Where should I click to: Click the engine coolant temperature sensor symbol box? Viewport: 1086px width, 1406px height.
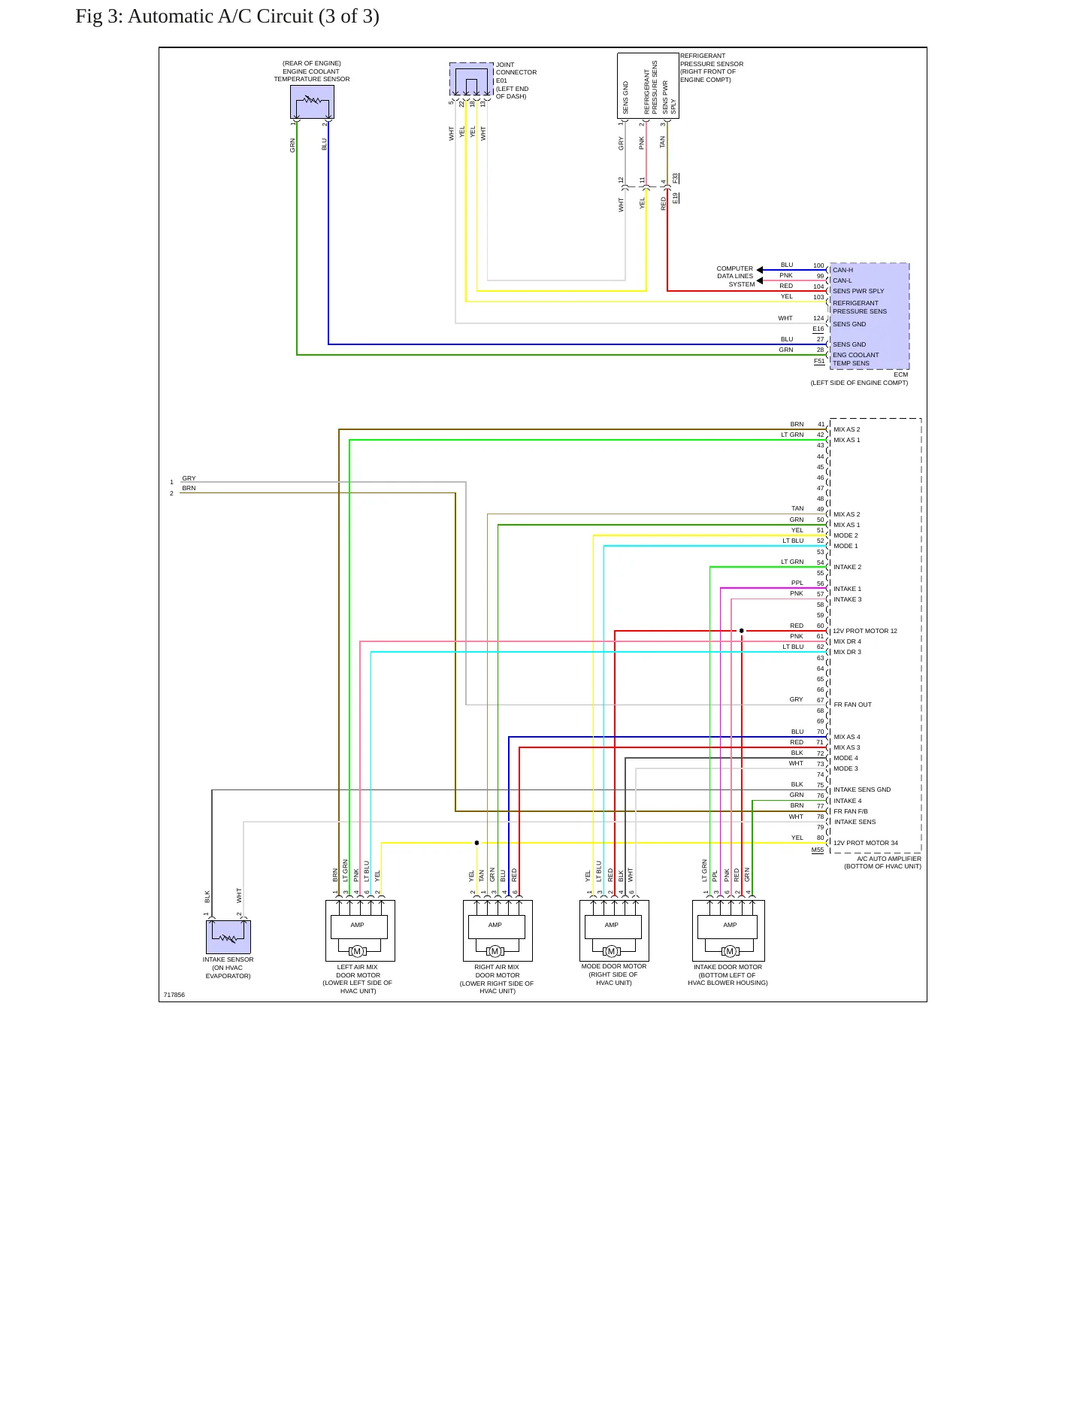click(312, 102)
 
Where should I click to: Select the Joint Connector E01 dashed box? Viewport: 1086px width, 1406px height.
click(471, 80)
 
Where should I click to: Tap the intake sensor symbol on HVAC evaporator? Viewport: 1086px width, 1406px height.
click(228, 937)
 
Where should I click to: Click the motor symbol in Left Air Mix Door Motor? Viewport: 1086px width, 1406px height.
click(358, 951)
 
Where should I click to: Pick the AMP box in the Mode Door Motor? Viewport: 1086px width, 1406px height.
click(612, 926)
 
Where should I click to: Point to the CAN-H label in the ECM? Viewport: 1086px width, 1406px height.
click(842, 270)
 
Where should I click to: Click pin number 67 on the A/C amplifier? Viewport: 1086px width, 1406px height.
click(821, 700)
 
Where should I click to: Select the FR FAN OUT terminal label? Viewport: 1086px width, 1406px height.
click(853, 705)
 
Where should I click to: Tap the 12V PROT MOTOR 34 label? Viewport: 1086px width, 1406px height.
click(866, 843)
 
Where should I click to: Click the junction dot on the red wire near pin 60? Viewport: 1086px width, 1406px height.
click(742, 631)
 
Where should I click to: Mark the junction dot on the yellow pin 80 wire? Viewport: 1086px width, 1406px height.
click(476, 843)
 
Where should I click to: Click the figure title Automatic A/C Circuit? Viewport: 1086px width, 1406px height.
click(227, 17)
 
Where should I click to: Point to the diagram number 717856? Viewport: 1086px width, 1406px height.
click(174, 995)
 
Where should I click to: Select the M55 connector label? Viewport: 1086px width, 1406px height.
click(818, 850)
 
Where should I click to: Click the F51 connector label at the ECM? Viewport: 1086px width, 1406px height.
click(819, 362)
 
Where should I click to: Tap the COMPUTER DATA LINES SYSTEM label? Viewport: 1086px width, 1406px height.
click(736, 276)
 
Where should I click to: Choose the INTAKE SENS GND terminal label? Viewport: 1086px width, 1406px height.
click(862, 789)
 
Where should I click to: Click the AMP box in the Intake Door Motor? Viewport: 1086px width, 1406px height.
click(730, 926)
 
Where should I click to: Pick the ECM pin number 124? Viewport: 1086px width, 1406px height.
click(818, 318)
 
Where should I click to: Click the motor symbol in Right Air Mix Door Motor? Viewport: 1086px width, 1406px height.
click(495, 951)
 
